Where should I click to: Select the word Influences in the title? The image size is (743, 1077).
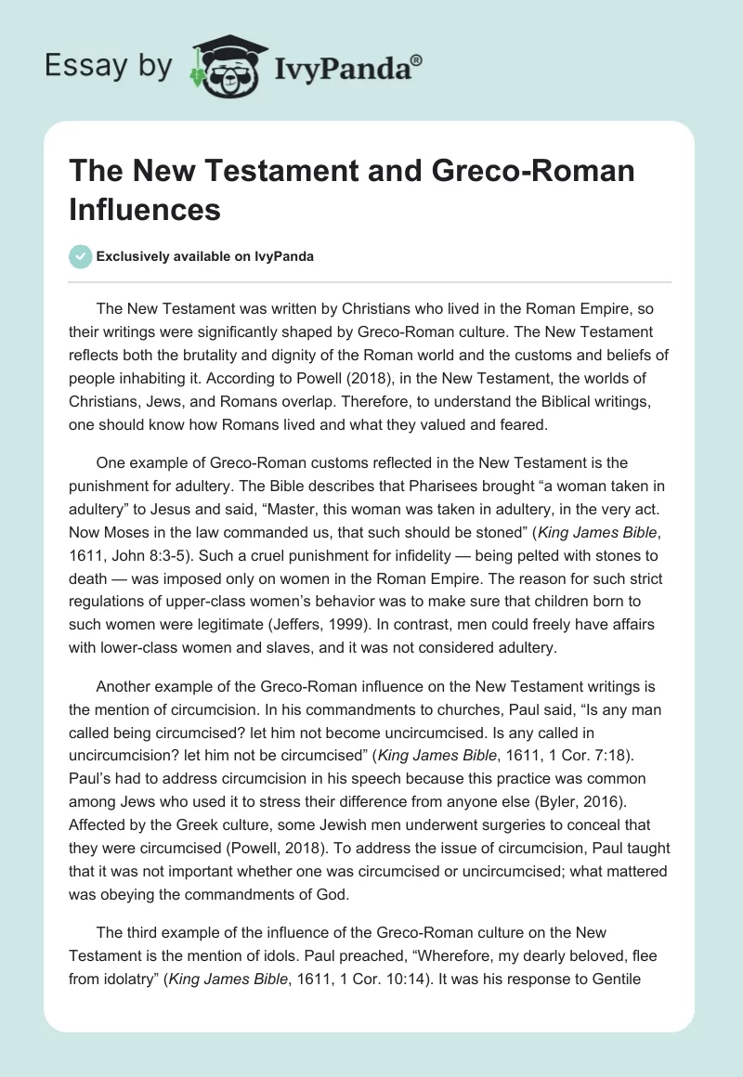point(145,210)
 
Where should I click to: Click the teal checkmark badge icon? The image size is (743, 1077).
point(81,256)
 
